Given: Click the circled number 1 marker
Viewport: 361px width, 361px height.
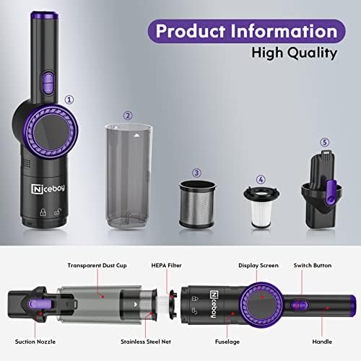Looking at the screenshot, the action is (x=69, y=100).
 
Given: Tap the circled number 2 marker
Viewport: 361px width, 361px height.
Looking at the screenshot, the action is (x=128, y=116).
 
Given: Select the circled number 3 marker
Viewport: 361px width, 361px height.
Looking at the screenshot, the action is (x=196, y=173).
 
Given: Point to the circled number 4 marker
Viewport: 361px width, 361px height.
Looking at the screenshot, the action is (x=261, y=179).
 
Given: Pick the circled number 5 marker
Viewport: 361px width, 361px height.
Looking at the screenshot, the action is (x=325, y=142).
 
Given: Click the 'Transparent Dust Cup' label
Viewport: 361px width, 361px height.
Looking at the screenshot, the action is (x=97, y=266).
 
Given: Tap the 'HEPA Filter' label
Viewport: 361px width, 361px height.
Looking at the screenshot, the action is (x=166, y=266).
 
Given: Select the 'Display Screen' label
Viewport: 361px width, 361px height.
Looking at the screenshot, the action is (x=258, y=266).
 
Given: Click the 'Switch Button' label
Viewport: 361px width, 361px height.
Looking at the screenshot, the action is (x=313, y=266).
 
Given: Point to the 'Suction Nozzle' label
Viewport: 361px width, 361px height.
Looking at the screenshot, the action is (x=35, y=342).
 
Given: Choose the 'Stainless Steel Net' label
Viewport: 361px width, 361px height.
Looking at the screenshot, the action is (x=146, y=342).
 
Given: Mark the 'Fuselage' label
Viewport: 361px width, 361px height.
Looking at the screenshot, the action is (x=227, y=342).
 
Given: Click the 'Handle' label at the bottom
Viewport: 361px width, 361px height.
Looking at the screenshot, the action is (x=322, y=342).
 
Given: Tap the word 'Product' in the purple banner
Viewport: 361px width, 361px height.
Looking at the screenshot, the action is (x=191, y=31).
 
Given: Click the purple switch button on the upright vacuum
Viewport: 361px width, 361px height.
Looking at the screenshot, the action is (x=48, y=82).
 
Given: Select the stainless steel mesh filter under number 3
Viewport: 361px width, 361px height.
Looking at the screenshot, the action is (x=198, y=204).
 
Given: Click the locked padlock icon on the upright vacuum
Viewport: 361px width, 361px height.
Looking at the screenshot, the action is (x=43, y=212).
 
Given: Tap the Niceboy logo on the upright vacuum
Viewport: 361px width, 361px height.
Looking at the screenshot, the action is (x=48, y=188).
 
